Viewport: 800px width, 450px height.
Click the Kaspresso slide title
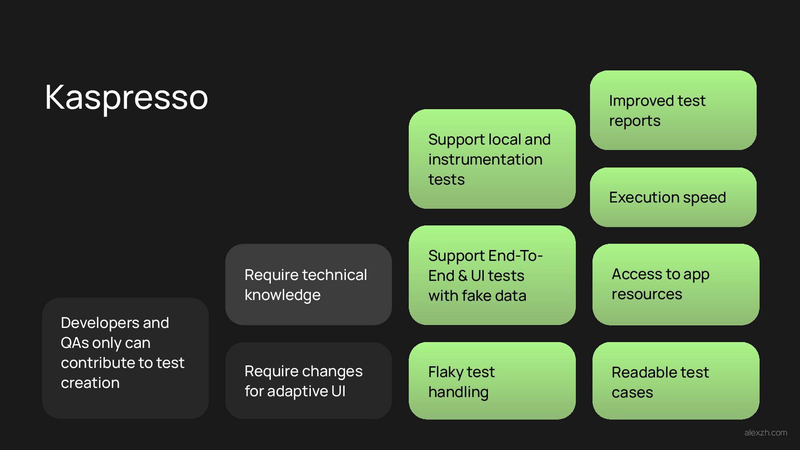click(126, 97)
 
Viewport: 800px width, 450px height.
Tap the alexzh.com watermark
click(765, 432)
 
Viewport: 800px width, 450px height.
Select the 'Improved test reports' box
click(673, 110)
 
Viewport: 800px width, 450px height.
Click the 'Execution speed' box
click(673, 197)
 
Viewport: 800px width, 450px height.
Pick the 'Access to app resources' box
click(675, 284)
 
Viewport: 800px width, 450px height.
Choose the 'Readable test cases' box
click(675, 380)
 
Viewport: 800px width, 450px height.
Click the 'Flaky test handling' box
click(492, 380)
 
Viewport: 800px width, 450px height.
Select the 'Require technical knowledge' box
click(308, 284)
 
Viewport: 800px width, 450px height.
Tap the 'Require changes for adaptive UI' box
click(308, 380)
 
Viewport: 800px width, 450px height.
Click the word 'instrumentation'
click(485, 159)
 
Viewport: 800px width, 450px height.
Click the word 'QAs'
click(74, 342)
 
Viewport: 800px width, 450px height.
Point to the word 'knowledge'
click(282, 295)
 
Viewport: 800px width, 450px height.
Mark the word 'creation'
click(90, 382)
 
